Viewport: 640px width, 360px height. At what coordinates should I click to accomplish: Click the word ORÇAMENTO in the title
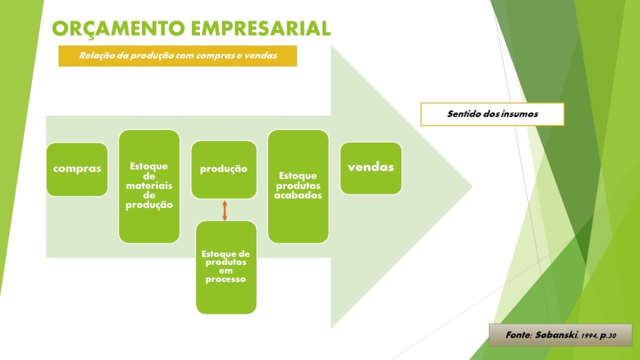(118, 29)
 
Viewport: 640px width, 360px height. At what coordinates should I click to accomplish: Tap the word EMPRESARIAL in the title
(261, 29)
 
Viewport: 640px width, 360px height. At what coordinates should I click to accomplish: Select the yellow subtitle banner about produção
(177, 56)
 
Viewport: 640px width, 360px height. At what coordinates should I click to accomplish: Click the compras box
(77, 169)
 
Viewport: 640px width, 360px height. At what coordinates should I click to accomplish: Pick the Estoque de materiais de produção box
(149, 186)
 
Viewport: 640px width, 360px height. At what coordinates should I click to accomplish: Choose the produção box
(224, 170)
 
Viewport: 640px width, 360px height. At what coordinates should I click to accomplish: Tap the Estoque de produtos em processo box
(226, 267)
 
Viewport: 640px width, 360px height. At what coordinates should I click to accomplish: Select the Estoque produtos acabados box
(298, 186)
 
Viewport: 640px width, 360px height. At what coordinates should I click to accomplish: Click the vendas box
(371, 168)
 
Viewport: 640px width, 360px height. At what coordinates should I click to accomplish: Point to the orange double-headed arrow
(224, 210)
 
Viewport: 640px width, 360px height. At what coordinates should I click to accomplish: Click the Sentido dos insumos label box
(492, 114)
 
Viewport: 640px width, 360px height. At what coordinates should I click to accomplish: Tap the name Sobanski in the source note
(556, 335)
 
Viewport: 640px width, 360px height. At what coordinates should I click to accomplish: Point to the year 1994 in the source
(589, 336)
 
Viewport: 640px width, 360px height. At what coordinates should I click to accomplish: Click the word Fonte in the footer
(518, 335)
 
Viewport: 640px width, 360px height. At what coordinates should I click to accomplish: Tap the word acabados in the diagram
(298, 196)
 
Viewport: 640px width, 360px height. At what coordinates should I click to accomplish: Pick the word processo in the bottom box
(226, 279)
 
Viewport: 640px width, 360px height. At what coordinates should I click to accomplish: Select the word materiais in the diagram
(149, 186)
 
